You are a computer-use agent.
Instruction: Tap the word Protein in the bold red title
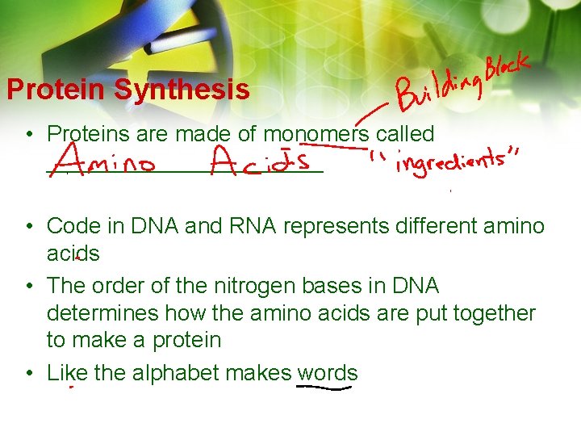[57, 90]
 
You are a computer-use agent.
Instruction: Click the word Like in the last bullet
[67, 373]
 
